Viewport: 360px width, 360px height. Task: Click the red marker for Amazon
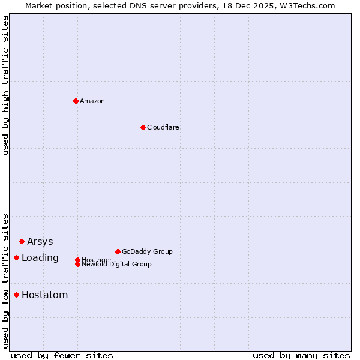pyautogui.click(x=76, y=101)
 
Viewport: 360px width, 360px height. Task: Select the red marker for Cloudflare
pyautogui.click(x=143, y=127)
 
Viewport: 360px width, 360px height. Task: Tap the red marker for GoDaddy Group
pyautogui.click(x=118, y=251)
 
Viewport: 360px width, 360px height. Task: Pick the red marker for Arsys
pyautogui.click(x=22, y=241)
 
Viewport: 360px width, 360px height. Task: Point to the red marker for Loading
pyautogui.click(x=16, y=257)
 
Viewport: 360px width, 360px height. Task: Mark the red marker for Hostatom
pyautogui.click(x=16, y=295)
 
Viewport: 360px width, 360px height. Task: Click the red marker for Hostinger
pyautogui.click(x=77, y=260)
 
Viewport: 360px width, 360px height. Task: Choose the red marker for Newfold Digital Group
pyautogui.click(x=77, y=264)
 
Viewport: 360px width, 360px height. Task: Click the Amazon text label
pyautogui.click(x=92, y=101)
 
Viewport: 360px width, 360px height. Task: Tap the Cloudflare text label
pyautogui.click(x=163, y=127)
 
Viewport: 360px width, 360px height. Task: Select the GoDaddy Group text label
pyautogui.click(x=147, y=251)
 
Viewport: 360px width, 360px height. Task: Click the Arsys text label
pyautogui.click(x=40, y=241)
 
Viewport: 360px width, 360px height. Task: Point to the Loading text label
pyautogui.click(x=40, y=258)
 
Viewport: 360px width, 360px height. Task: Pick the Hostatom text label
pyautogui.click(x=44, y=295)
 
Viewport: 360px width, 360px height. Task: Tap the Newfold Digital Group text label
pyautogui.click(x=116, y=265)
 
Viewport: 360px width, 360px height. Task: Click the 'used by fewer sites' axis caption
pyautogui.click(x=62, y=355)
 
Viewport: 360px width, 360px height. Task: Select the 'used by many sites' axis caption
pyautogui.click(x=301, y=355)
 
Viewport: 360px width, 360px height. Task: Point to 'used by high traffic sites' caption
pyautogui.click(x=5, y=85)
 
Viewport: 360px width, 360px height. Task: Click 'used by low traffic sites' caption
pyautogui.click(x=5, y=280)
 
